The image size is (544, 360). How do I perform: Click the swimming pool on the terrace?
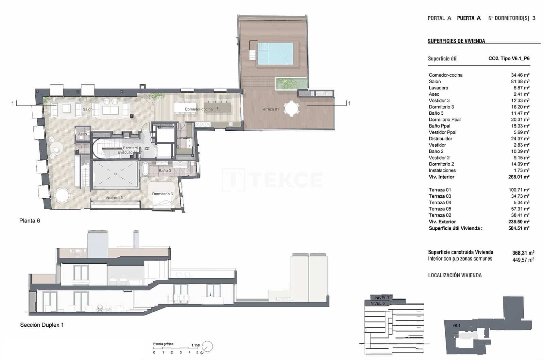coord(275,54)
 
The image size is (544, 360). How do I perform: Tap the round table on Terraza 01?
coord(291,109)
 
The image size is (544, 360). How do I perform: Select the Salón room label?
coord(87,109)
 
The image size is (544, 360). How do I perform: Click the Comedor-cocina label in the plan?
coord(199,109)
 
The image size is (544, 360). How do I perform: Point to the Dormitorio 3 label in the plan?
coord(162,194)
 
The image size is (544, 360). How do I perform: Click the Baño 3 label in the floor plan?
coord(165,170)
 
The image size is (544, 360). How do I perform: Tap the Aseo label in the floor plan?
coord(82,134)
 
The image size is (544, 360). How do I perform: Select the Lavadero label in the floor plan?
coord(184,138)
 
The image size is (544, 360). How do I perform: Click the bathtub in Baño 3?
coord(145,169)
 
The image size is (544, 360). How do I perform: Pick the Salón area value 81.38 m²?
coord(520,81)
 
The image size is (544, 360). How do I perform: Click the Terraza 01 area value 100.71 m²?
coord(519,190)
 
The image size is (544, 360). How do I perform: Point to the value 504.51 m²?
coord(518,228)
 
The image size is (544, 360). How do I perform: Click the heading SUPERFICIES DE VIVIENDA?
coord(456,41)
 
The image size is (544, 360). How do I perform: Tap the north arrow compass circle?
coord(207,347)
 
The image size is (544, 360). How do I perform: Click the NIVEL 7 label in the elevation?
coord(382,298)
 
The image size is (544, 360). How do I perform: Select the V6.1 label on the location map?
coord(456,326)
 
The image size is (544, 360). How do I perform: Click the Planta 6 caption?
coord(30,221)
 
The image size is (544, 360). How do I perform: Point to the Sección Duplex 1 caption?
coord(42,325)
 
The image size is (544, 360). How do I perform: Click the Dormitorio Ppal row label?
coord(445,119)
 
